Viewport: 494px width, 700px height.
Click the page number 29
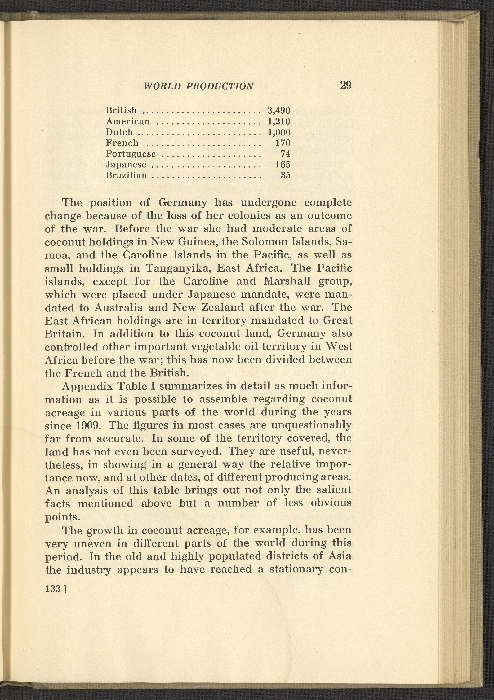tap(346, 85)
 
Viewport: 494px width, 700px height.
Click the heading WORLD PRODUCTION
tap(198, 86)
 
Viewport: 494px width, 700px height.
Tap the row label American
tap(128, 121)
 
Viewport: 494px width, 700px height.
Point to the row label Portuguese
tap(131, 154)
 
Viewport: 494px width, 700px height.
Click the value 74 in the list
tap(285, 154)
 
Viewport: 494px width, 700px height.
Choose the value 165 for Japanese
tap(283, 165)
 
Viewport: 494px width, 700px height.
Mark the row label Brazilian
tap(126, 176)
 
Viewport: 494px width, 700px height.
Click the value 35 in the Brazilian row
tap(285, 176)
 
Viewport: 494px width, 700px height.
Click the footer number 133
tap(53, 589)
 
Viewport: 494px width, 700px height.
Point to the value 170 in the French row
tap(283, 143)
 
